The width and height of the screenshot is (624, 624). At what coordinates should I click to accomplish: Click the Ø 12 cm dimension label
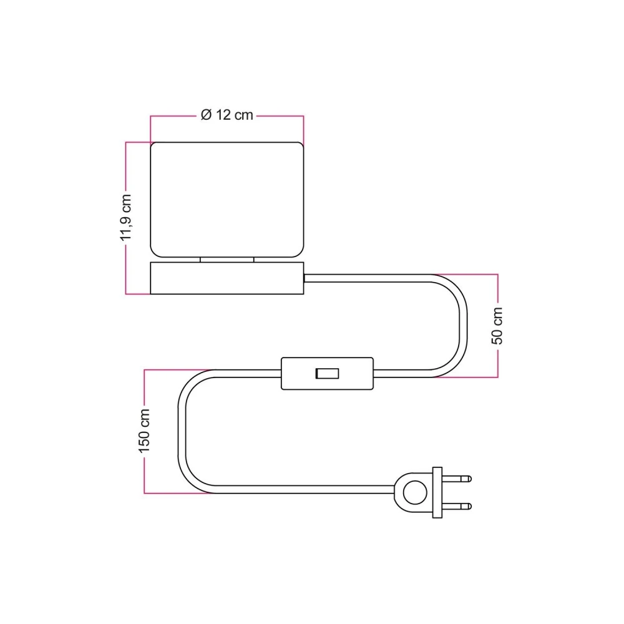[227, 115]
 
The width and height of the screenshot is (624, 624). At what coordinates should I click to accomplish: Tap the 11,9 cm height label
[126, 217]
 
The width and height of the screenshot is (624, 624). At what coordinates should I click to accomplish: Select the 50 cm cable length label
[497, 325]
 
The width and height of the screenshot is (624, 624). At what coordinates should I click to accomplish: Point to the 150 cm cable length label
[144, 431]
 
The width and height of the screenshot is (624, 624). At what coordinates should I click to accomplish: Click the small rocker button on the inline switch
[327, 374]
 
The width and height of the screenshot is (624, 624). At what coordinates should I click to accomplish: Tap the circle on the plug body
[412, 492]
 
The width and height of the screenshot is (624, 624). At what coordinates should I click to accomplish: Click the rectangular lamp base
[227, 278]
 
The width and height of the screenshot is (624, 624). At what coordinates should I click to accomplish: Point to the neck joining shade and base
[227, 260]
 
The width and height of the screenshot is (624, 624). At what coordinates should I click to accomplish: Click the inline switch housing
[296, 374]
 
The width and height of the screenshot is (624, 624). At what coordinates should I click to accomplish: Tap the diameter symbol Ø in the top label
[207, 115]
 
